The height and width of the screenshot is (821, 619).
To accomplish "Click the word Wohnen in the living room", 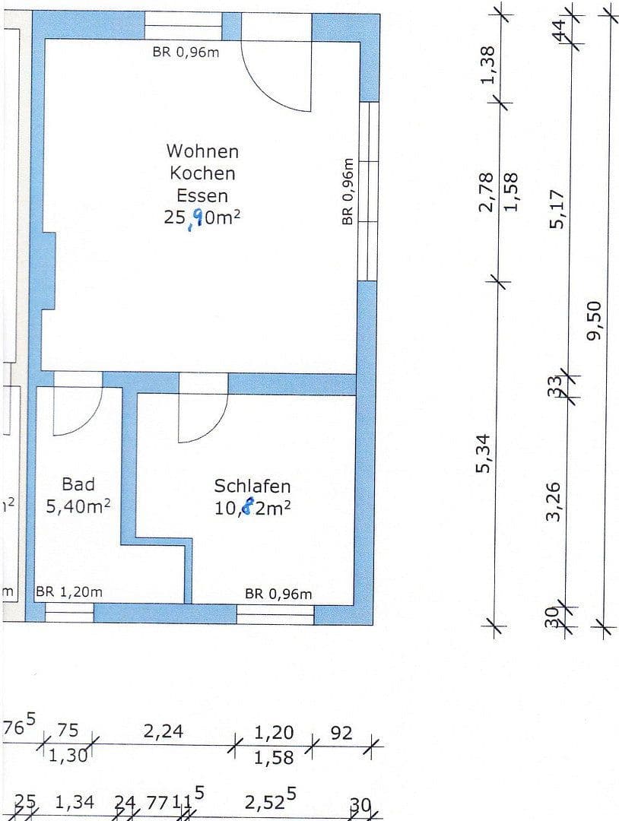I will point(202,151).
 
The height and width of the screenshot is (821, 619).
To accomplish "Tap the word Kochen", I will point(202,173).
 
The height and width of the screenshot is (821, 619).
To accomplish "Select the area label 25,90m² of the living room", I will point(202,217).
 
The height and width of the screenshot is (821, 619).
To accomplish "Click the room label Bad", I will point(78,484).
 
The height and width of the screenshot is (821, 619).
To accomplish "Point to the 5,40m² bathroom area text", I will point(78,507).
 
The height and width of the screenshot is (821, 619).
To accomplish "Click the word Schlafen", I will point(252,486).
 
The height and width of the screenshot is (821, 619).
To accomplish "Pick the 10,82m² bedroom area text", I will point(252,509).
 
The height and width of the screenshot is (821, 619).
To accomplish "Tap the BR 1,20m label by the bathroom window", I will point(69,592).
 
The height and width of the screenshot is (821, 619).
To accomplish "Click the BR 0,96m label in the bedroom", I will point(278,594).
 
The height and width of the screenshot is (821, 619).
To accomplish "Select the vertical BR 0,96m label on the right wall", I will point(348,192).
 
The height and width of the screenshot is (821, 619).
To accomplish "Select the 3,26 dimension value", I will point(554,501).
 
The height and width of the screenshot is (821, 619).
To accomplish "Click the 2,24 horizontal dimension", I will point(164,731).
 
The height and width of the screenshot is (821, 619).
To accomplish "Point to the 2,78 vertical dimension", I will point(487,192).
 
